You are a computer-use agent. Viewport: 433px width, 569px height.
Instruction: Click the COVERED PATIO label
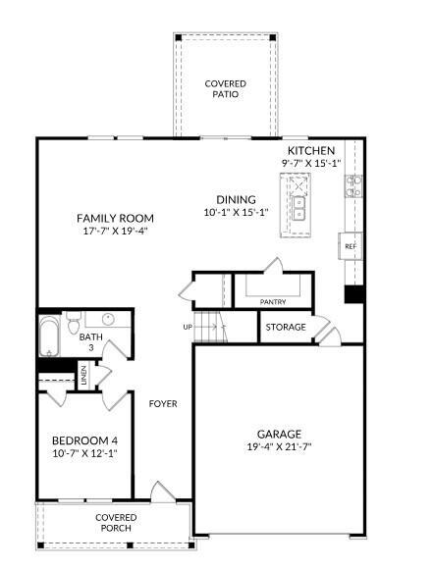tap(225, 89)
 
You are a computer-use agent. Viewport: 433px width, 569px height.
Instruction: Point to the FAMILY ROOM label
tap(116, 218)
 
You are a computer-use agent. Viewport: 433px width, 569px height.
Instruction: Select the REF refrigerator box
tap(350, 246)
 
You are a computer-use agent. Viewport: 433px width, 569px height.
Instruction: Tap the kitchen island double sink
tap(297, 208)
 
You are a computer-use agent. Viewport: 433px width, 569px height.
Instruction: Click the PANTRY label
tap(273, 302)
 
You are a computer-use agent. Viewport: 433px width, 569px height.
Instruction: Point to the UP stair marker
tap(188, 327)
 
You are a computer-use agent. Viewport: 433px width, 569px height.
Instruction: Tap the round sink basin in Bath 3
tap(107, 320)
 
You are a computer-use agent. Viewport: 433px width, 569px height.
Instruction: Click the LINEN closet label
tap(84, 377)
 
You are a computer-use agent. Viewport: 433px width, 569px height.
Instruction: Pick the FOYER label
tap(163, 403)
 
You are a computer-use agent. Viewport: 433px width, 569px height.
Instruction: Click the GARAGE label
tap(280, 434)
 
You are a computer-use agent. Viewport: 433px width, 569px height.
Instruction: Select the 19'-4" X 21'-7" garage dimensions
tap(280, 447)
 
